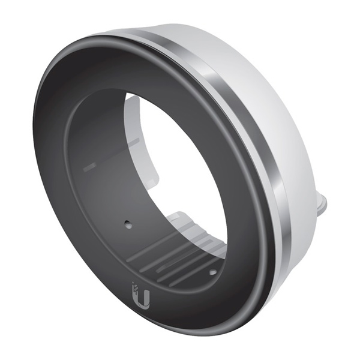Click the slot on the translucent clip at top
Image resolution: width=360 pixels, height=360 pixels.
(x=133, y=142)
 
